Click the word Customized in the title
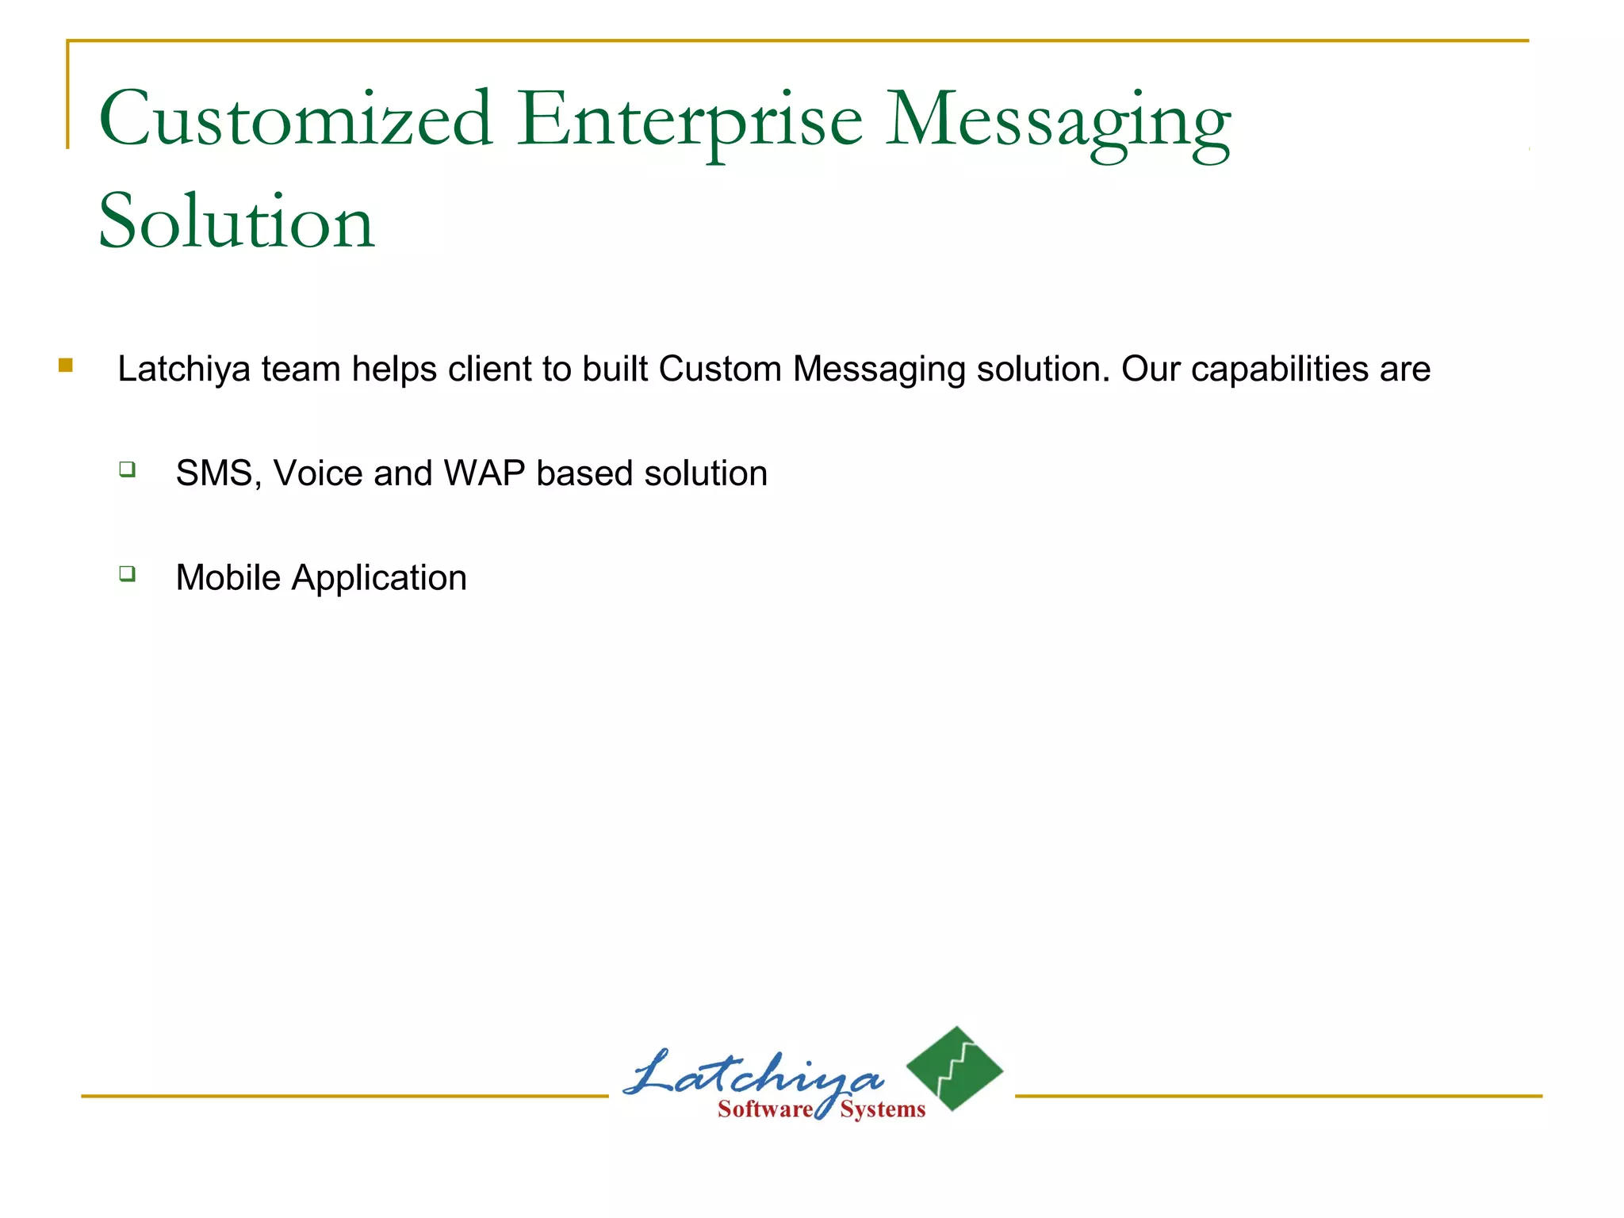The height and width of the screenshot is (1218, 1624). tap(295, 119)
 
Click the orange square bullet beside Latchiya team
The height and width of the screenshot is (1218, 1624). tap(66, 366)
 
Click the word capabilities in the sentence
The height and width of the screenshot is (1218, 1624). tap(1279, 370)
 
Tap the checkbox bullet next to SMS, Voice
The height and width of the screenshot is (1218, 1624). tap(128, 469)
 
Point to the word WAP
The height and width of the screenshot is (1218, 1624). tap(485, 473)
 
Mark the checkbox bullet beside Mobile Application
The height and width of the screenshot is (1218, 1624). tap(128, 573)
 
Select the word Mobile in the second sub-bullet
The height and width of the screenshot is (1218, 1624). tap(228, 577)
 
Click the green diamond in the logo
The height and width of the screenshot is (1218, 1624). tap(956, 1068)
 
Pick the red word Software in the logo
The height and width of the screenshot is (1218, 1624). tap(764, 1109)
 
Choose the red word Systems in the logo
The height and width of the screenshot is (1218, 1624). tap(883, 1109)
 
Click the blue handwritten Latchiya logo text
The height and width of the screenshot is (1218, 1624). tap(753, 1076)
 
